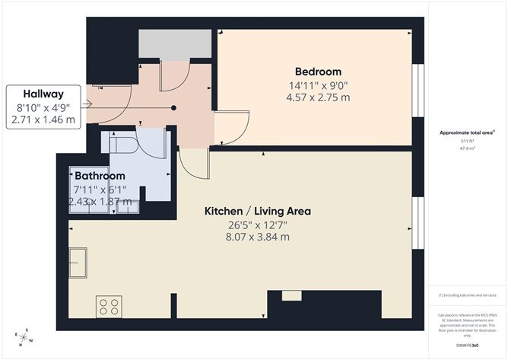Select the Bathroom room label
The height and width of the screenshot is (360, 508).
click(x=100, y=177)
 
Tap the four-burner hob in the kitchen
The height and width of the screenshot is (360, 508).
click(x=108, y=306)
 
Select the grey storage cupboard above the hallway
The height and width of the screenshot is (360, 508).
click(x=175, y=46)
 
